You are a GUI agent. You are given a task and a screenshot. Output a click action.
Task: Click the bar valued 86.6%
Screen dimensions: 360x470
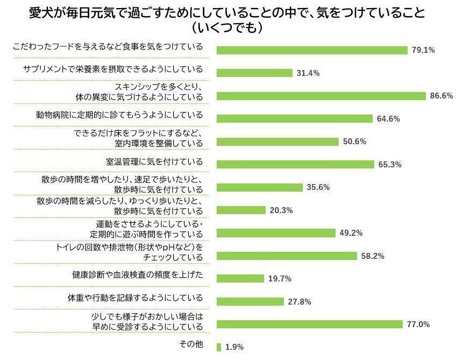click(321, 96)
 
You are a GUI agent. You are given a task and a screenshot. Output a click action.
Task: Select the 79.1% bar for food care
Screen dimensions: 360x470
click(312, 50)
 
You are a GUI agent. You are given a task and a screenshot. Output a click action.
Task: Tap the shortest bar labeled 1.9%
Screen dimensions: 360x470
click(219, 347)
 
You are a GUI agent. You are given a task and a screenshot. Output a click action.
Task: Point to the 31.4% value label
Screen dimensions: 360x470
click(308, 73)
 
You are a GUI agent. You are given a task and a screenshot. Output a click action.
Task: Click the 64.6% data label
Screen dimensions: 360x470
click(388, 119)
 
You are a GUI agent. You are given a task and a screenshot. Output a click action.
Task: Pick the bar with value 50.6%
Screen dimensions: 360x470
click(277, 142)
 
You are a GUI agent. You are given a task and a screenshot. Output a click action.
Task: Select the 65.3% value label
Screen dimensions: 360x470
click(390, 165)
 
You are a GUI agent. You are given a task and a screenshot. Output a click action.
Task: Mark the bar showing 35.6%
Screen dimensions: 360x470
click(260, 187)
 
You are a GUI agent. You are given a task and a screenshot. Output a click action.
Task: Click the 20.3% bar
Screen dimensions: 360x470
click(241, 210)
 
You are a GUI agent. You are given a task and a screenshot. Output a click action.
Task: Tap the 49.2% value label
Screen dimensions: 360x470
click(351, 233)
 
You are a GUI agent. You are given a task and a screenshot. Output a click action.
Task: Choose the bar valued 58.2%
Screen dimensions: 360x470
click(287, 256)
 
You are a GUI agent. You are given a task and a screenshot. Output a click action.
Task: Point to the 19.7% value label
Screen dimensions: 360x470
click(280, 279)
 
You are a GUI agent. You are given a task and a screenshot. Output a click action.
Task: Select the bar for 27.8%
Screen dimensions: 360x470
click(250, 302)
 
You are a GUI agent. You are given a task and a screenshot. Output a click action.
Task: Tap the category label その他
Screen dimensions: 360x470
click(190, 344)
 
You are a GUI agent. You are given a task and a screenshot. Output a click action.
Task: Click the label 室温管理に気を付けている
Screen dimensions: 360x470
click(154, 161)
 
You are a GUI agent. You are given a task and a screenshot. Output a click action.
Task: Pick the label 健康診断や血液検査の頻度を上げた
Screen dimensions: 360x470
click(138, 275)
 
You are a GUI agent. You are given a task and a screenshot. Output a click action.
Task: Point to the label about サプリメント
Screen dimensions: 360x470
click(113, 69)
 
